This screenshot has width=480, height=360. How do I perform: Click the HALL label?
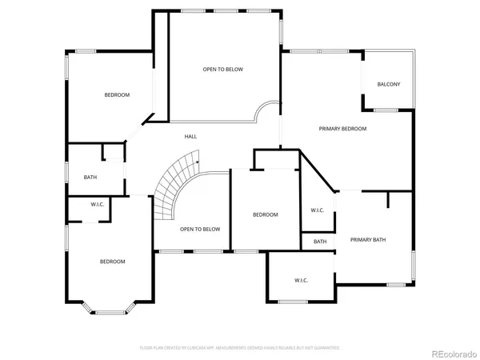point(190,137)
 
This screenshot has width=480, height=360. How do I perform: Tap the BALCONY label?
point(389,84)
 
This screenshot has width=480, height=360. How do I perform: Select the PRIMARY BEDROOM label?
point(342,129)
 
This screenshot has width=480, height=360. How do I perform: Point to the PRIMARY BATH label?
point(368,239)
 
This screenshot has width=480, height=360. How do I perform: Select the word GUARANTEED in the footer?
point(324,348)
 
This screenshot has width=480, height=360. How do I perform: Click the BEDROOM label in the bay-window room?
point(112,262)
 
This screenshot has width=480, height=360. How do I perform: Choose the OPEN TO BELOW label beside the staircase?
point(199,229)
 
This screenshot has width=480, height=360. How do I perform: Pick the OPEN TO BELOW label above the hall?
point(222,70)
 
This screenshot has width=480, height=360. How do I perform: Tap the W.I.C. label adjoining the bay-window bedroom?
point(98,204)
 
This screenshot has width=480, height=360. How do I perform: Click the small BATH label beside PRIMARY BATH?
point(320,242)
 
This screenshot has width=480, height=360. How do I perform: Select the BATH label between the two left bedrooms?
point(90,177)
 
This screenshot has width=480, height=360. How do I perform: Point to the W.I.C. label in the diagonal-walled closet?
point(317,210)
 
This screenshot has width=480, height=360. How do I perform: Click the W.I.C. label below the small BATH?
point(301,280)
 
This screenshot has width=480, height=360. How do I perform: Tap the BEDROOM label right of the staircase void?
point(265,214)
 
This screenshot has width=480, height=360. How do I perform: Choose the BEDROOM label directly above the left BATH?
point(117,95)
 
